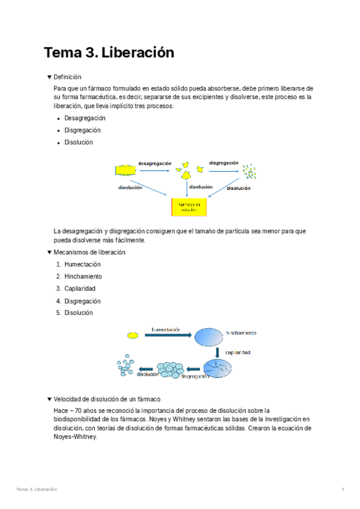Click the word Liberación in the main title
[138, 53]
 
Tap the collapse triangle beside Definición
[49, 77]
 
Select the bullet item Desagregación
[85, 118]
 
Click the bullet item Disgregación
[82, 130]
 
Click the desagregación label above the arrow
[155, 163]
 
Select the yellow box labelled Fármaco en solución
[189, 207]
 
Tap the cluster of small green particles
[248, 172]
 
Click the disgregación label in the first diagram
[223, 163]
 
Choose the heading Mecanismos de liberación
[89, 252]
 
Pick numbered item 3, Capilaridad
[80, 289]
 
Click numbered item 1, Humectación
[82, 264]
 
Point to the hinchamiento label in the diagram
[241, 333]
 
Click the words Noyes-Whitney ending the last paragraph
[75, 437]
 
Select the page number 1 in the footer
[343, 489]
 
